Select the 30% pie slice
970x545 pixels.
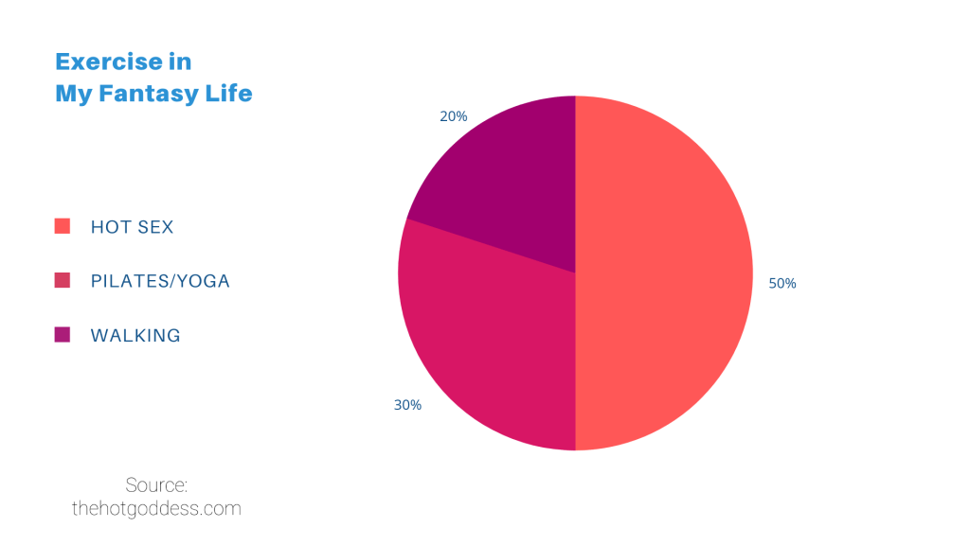click(493, 341)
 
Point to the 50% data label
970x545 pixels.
click(782, 283)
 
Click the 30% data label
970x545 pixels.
click(407, 405)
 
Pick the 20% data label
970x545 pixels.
click(453, 116)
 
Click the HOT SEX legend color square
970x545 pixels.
click(63, 226)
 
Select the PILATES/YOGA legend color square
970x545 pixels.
click(63, 280)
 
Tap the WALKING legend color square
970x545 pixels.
click(63, 334)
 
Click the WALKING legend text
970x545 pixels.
click(135, 335)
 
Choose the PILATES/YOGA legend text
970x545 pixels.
click(160, 281)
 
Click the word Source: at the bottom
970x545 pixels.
click(156, 485)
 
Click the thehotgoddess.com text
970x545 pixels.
click(156, 509)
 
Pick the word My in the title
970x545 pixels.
click(72, 95)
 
